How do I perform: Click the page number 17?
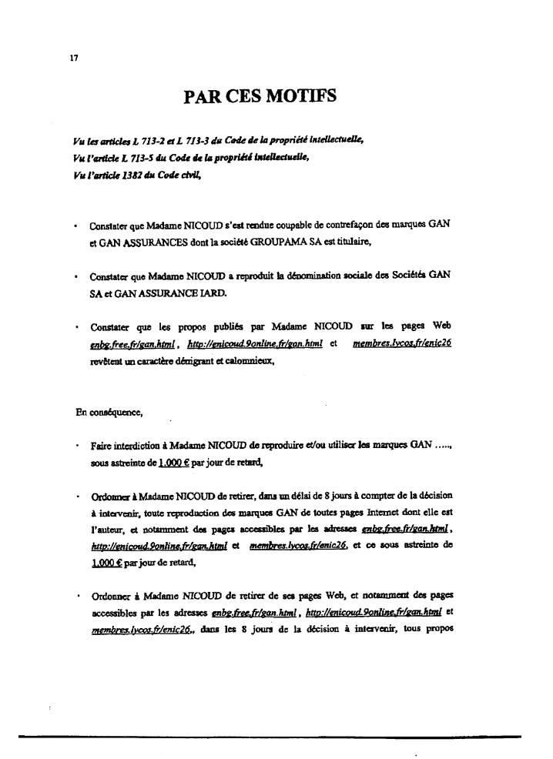(72, 58)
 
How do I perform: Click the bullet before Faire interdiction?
(77, 446)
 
